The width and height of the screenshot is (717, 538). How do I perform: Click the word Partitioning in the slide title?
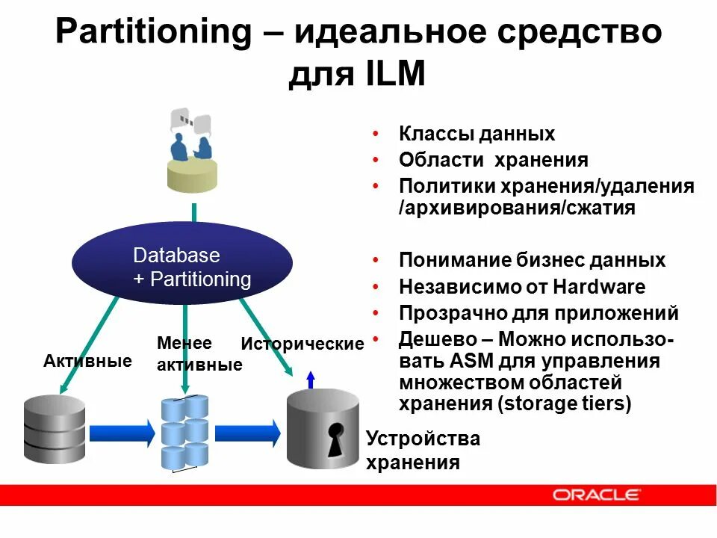point(155,33)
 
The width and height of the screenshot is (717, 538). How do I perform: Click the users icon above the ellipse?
point(193,153)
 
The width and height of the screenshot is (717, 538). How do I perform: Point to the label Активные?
point(87,362)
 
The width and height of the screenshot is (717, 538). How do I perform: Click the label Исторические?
point(302,344)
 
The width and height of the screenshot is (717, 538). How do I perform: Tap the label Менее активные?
point(199,354)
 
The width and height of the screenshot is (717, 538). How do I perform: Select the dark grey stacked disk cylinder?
point(55,430)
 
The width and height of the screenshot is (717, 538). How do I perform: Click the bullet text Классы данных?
point(477,134)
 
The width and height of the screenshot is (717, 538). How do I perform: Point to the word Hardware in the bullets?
point(600,287)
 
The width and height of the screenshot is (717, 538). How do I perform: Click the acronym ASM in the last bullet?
point(469,362)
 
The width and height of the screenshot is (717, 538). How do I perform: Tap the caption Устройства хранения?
point(422,451)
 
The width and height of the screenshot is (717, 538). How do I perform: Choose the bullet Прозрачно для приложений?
point(538,312)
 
